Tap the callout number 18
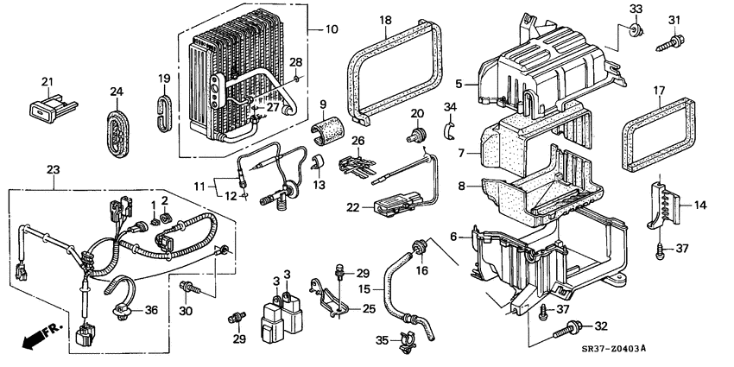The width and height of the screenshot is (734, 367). (385, 20)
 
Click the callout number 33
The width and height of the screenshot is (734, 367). (636, 9)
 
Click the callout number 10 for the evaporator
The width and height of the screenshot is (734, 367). (331, 29)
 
